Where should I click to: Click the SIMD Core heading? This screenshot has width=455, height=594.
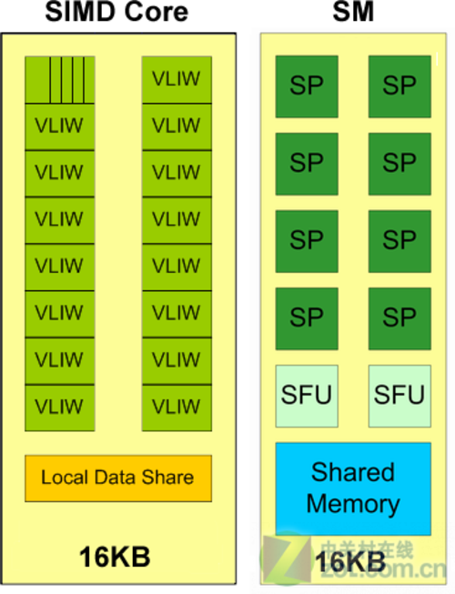point(116,12)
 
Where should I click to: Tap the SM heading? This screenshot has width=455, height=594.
point(353,12)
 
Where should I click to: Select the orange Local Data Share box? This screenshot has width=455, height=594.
point(118,478)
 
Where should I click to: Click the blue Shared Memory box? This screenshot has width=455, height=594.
point(353,488)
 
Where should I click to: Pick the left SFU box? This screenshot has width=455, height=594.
point(307,396)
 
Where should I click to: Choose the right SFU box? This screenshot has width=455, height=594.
point(399,396)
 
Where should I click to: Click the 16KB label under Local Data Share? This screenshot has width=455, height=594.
point(115,557)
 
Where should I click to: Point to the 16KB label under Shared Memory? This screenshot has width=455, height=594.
point(350,561)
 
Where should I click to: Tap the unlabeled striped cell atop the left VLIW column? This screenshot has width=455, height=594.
point(60,79)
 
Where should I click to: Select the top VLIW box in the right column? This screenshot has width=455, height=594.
point(177,79)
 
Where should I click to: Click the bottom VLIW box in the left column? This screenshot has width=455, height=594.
point(60,408)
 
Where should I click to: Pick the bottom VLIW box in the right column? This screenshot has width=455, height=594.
point(177,408)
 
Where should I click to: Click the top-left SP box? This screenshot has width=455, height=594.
point(307,86)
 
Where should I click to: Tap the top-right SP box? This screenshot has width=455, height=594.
point(399,86)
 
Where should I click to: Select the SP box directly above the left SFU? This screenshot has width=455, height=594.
point(307,318)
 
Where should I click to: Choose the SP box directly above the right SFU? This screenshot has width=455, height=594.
point(399,318)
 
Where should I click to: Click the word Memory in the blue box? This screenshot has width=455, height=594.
point(353,505)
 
